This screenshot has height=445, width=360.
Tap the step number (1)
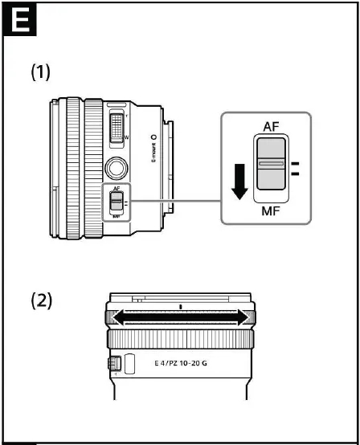41,72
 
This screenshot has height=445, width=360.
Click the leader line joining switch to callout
173,201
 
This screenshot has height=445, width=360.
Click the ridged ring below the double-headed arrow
182,340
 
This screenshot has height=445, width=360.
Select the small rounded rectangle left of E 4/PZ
132,363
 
